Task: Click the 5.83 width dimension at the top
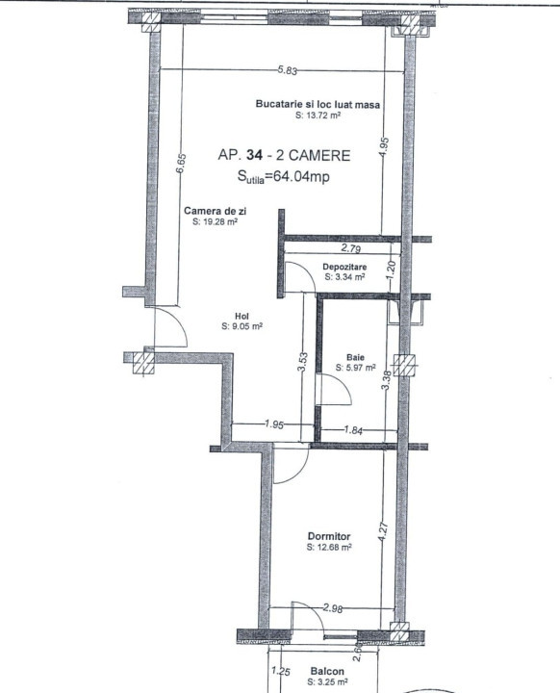(285, 69)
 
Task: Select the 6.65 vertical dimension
(181, 163)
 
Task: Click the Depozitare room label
(344, 266)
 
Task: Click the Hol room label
(242, 316)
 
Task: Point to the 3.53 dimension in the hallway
(302, 363)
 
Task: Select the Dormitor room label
(328, 536)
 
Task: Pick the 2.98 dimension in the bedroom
(333, 607)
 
